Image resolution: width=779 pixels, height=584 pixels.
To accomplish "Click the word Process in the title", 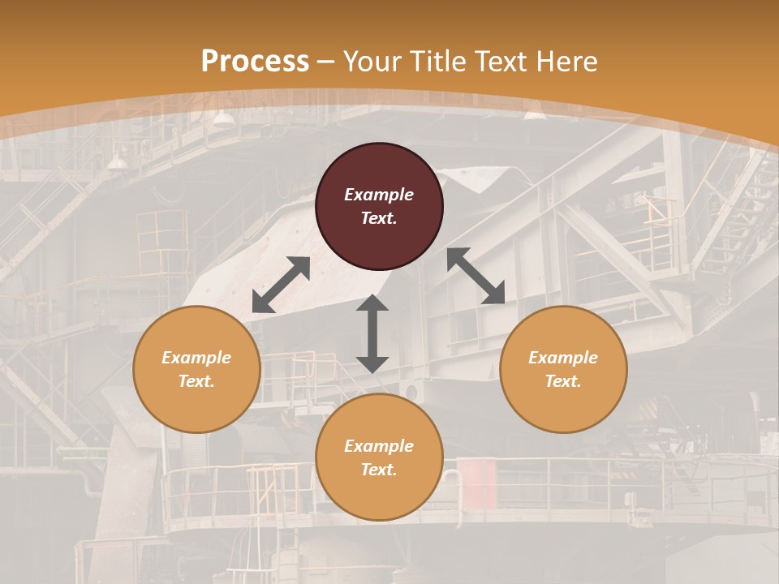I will pos(255,62).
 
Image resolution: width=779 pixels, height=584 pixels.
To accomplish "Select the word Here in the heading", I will pos(566,62).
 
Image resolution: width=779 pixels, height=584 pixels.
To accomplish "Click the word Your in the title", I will pos(373,62).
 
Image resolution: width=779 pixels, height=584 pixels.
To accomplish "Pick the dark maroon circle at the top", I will pos(379,207).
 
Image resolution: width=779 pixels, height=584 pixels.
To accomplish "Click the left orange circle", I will pos(196,369).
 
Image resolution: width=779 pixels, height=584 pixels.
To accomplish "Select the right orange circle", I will pos(563,369).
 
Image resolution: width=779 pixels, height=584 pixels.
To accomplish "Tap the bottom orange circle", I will pos(379,457).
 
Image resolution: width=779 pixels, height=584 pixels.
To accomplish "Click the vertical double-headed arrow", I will pos(372,333).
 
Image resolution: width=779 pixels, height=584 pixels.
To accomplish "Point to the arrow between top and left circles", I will pos(281,285).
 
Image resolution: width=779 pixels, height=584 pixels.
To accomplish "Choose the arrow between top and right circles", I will pos(476,276).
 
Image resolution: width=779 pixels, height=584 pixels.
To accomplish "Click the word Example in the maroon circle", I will pos(379,195).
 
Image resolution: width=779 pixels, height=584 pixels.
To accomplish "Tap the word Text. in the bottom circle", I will pos(379,470).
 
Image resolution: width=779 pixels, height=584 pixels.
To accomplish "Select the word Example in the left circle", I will pos(196,358).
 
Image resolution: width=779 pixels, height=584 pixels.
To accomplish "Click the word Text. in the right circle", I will pos(563,381).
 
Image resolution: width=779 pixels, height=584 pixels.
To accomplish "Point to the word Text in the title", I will pos(502,62).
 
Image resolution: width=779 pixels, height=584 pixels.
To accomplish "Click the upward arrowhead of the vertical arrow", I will pos(372,303).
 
